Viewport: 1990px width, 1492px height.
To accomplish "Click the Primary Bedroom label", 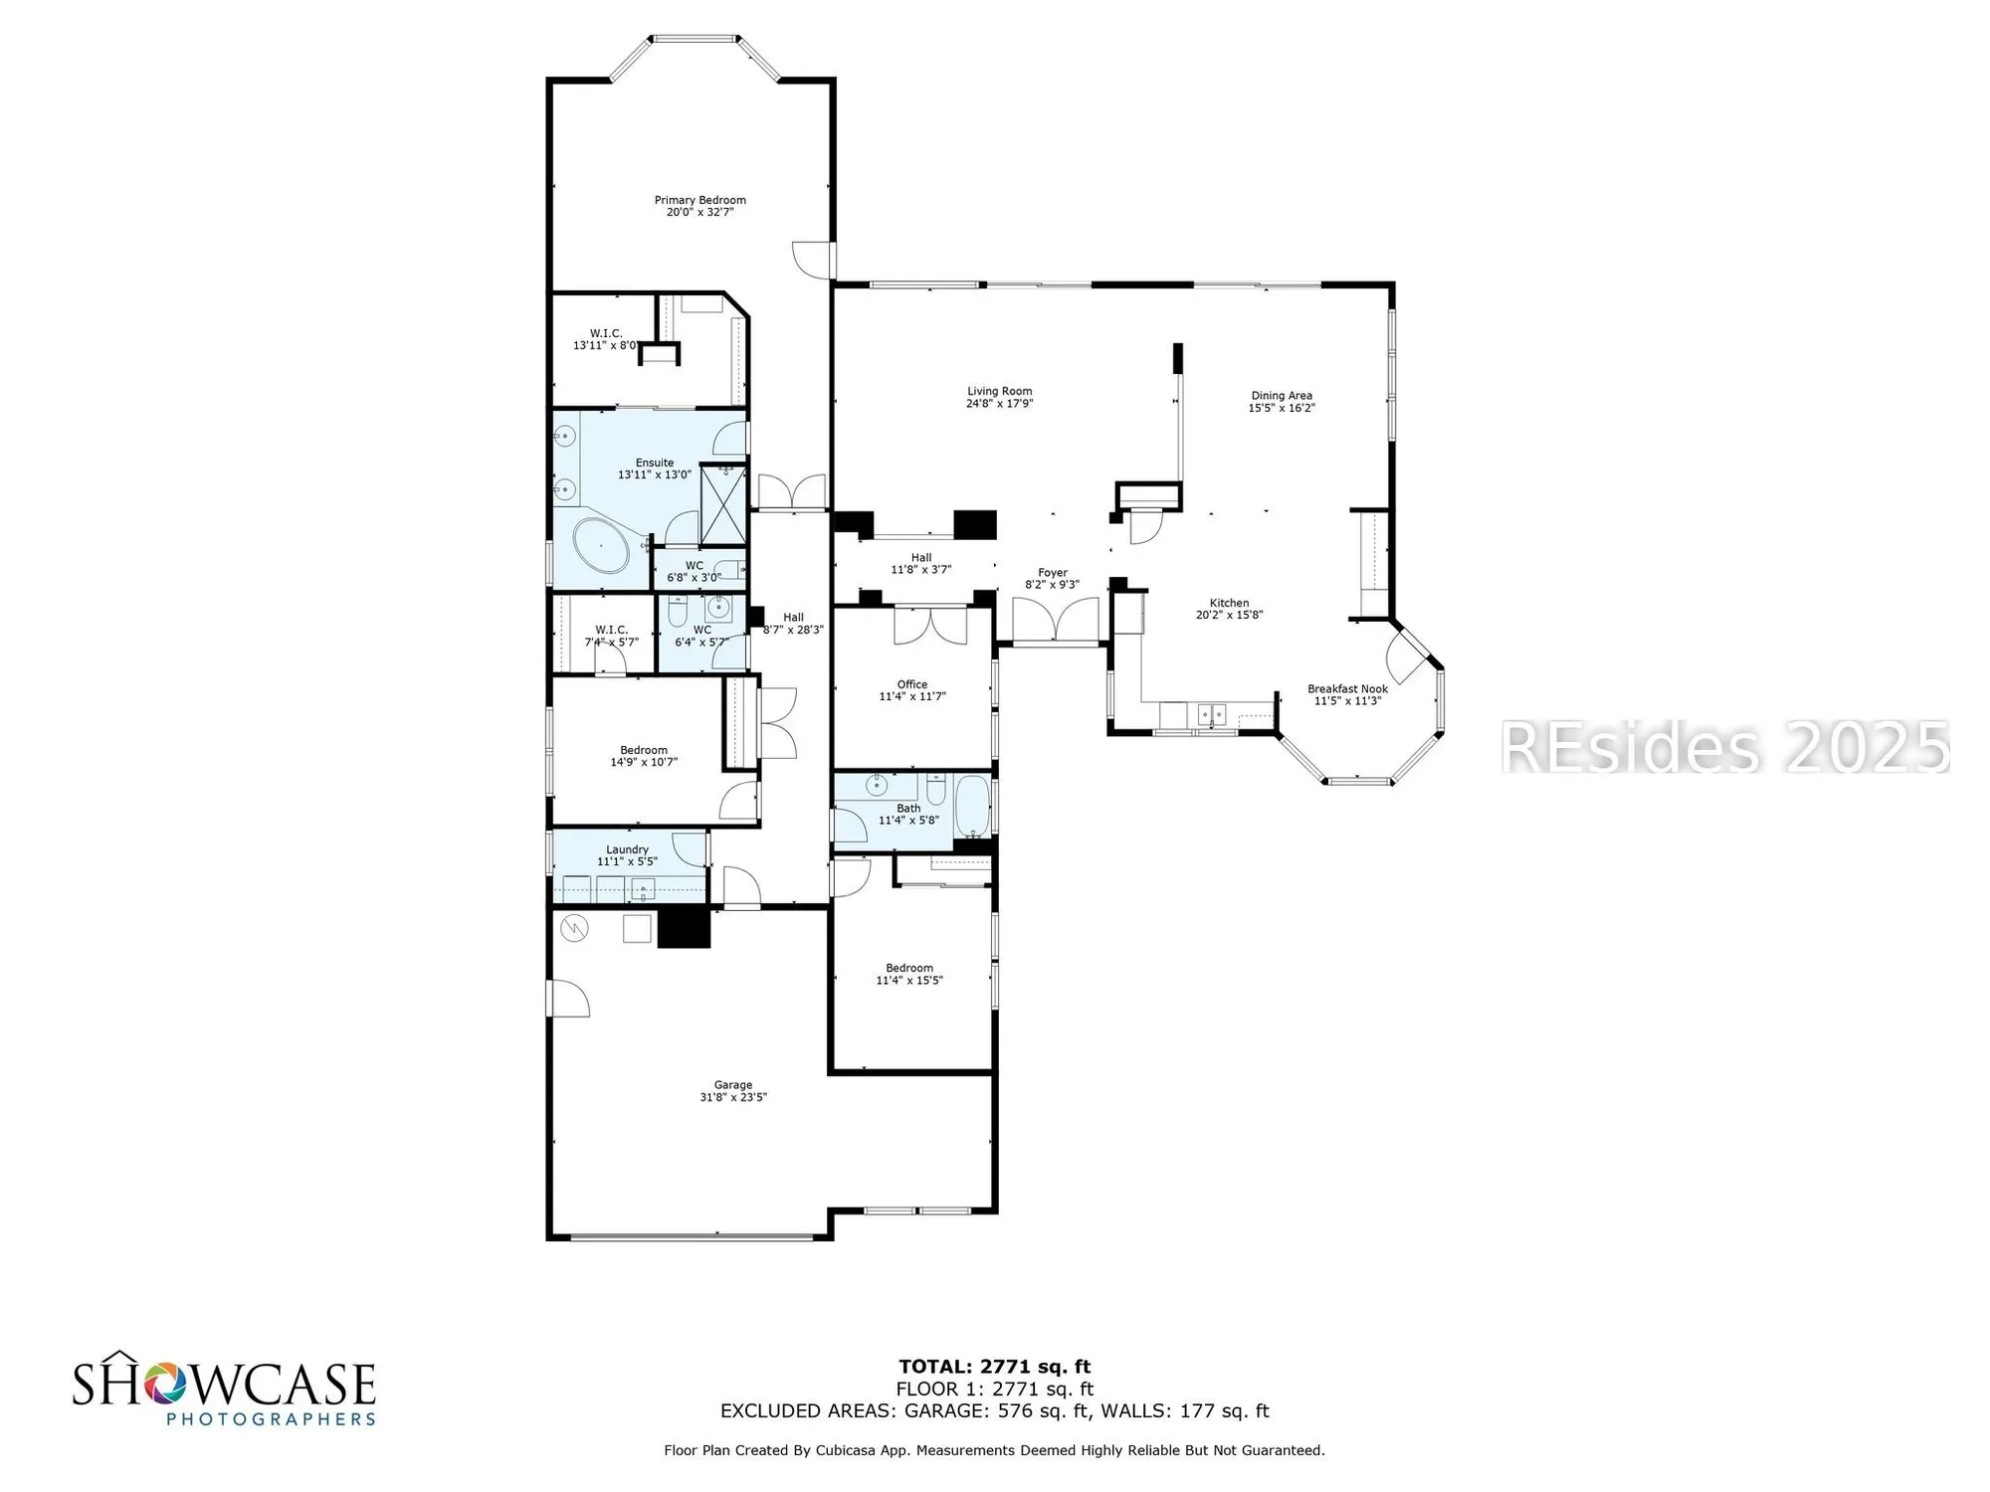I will tap(699, 200).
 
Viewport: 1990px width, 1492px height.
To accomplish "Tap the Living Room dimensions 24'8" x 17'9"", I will tap(999, 404).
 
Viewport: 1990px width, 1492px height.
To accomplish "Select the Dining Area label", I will tap(1282, 396).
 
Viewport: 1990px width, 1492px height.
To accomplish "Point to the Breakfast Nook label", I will tap(1347, 688).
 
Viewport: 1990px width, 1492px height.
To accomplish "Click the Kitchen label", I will tap(1229, 603).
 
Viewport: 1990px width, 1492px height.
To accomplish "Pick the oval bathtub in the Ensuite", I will tap(601, 545).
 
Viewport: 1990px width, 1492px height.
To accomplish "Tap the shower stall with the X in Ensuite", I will tap(723, 504).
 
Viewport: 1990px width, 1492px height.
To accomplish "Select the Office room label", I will tap(911, 684).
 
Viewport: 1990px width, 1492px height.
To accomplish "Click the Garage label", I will tap(732, 1085).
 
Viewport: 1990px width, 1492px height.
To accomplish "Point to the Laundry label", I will tap(627, 849).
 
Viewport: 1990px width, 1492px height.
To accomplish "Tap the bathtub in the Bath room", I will tap(971, 807).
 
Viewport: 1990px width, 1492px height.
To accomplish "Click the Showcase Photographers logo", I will tap(224, 1389).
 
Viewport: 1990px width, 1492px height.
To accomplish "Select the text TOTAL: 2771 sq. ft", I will tap(994, 1367).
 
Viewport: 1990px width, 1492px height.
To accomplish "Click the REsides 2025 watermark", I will tap(1724, 748).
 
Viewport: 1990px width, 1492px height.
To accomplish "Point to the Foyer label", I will tap(1052, 573).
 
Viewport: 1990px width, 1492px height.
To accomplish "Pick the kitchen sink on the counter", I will tap(1210, 713).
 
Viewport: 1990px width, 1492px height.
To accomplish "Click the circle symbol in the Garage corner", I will tap(574, 929).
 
